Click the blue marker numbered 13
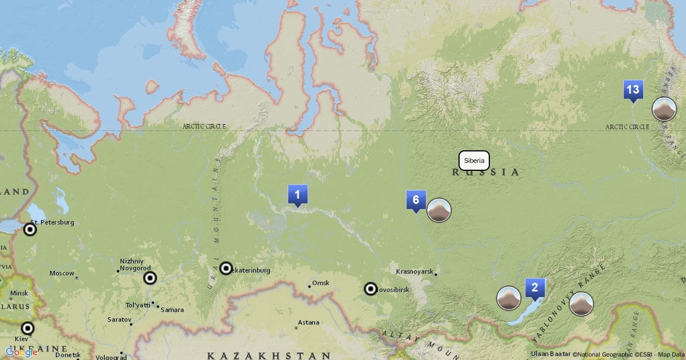pos(632,90)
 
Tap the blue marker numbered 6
pos(416,200)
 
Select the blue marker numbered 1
pos(297,195)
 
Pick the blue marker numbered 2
pos(535,288)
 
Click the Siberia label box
pos(474,161)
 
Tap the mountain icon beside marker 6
pos(439,210)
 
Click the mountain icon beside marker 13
pos(664,109)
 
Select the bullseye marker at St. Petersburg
pos(30,230)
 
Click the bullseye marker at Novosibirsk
pos(371,289)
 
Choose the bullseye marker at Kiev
pos(27,329)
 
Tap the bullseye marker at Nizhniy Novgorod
pos(150,278)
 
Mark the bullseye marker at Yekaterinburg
pos(226,269)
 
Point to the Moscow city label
pos(62,273)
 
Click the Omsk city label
pos(321,283)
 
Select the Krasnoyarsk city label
pos(414,271)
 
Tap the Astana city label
pos(308,322)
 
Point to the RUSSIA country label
pos(486,172)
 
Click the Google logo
pos(22,353)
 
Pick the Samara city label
pos(172,310)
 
